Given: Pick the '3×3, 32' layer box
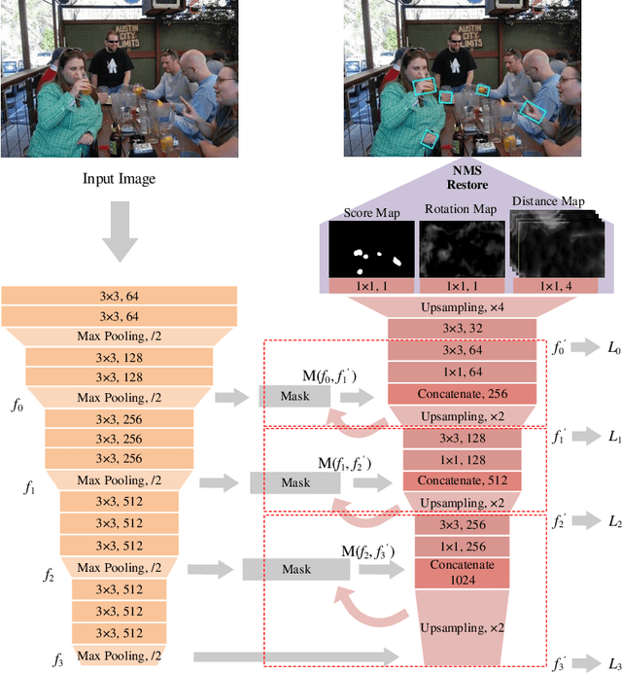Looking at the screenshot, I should click(462, 330).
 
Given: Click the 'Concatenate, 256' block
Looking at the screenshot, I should click(462, 393).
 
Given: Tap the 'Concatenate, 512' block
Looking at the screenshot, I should click(462, 480).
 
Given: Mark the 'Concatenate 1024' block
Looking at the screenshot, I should click(462, 572).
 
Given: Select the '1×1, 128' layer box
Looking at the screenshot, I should click(462, 459).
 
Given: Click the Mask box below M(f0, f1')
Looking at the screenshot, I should click(295, 397).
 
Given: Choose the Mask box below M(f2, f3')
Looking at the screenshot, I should click(295, 570).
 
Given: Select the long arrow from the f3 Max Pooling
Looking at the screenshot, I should click(295, 657).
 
